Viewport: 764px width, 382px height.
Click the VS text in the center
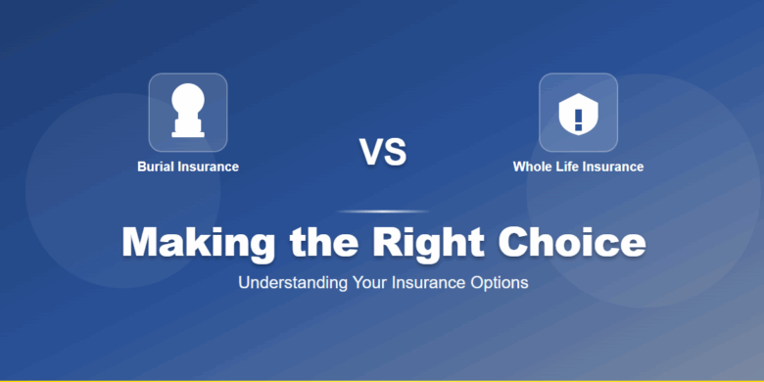click(x=382, y=152)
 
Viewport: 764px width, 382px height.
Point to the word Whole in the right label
click(x=532, y=167)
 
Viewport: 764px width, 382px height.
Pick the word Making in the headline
click(x=192, y=242)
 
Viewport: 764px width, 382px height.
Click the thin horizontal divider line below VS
click(x=382, y=211)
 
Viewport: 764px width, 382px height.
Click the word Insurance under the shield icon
click(x=613, y=167)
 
